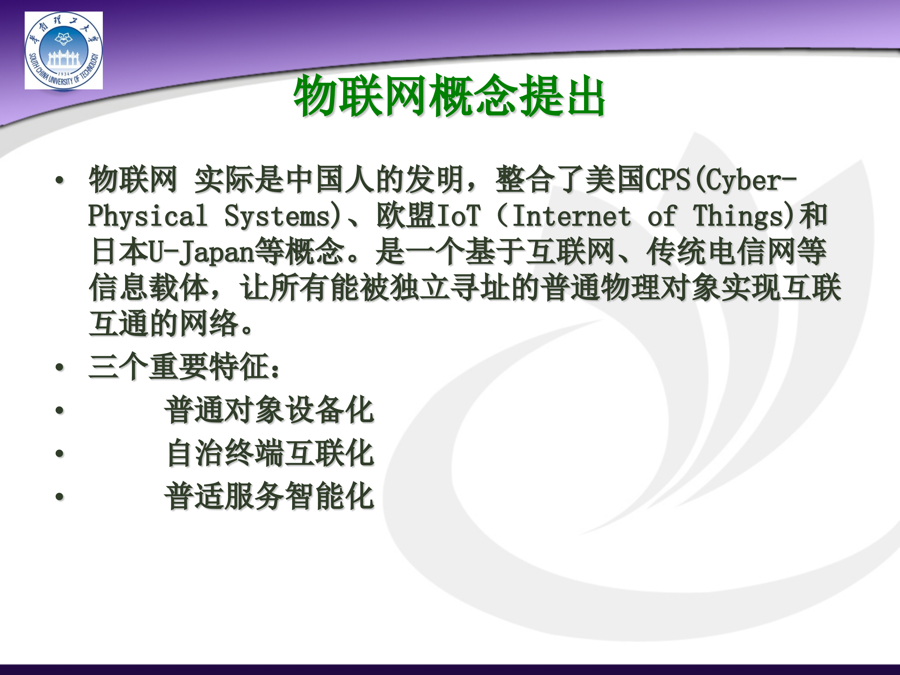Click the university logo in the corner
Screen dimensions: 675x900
click(x=63, y=50)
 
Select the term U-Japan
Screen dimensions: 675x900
click(x=201, y=252)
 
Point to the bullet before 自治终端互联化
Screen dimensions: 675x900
click(x=60, y=453)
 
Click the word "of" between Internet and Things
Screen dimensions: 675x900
click(x=662, y=216)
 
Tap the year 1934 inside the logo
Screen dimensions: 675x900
click(x=64, y=74)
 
